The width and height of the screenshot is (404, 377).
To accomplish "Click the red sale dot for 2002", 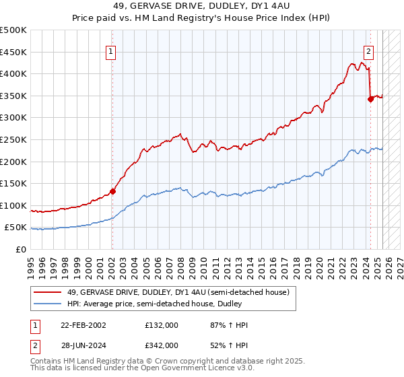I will click(112, 191).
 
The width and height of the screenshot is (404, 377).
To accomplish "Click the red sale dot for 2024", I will click(370, 98).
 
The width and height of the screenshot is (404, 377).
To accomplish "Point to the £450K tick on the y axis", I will click(13, 52).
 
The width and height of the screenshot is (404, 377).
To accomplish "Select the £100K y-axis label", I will click(13, 205).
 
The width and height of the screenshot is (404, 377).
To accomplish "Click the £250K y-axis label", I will click(13, 139).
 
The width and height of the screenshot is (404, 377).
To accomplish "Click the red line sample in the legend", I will click(49, 292).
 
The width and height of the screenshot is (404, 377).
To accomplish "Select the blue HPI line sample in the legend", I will click(49, 304).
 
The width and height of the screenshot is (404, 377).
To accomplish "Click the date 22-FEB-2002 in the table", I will click(83, 325).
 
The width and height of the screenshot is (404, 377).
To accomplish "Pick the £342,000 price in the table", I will click(162, 345).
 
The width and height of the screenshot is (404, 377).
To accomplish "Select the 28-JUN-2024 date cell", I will click(83, 345).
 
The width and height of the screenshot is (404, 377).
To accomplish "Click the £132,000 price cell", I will click(162, 325).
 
